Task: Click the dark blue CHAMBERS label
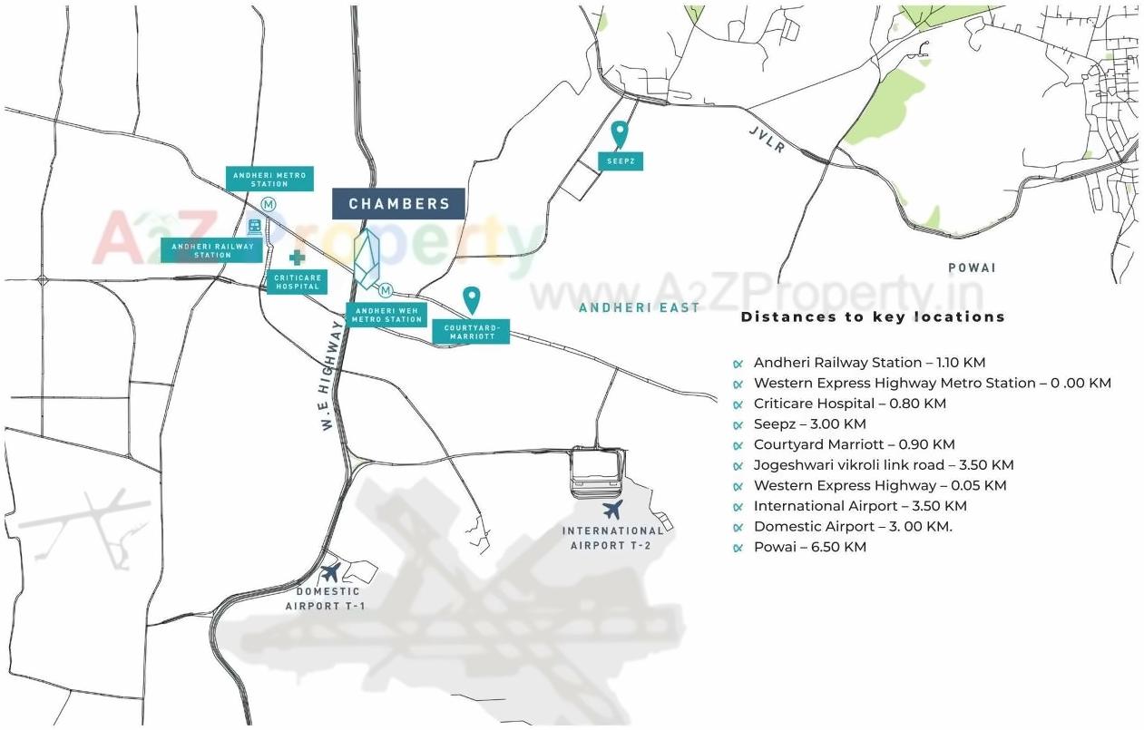point(399,203)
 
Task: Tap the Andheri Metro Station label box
point(270,178)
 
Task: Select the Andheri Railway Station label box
point(213,250)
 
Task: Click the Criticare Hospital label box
point(297,281)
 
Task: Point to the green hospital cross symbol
point(297,258)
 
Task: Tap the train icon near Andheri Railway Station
point(256,225)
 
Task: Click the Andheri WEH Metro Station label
point(386,315)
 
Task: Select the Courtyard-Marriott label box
point(471,332)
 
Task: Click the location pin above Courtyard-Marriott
point(471,299)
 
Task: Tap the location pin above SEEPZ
point(620,133)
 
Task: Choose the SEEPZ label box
point(620,161)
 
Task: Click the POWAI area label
point(972,268)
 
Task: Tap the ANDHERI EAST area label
point(640,307)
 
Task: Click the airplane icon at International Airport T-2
point(613,510)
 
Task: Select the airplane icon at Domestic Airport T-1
point(330,572)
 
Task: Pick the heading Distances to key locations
point(873,316)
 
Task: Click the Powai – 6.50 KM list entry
point(809,547)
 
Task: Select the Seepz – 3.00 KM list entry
point(809,423)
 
